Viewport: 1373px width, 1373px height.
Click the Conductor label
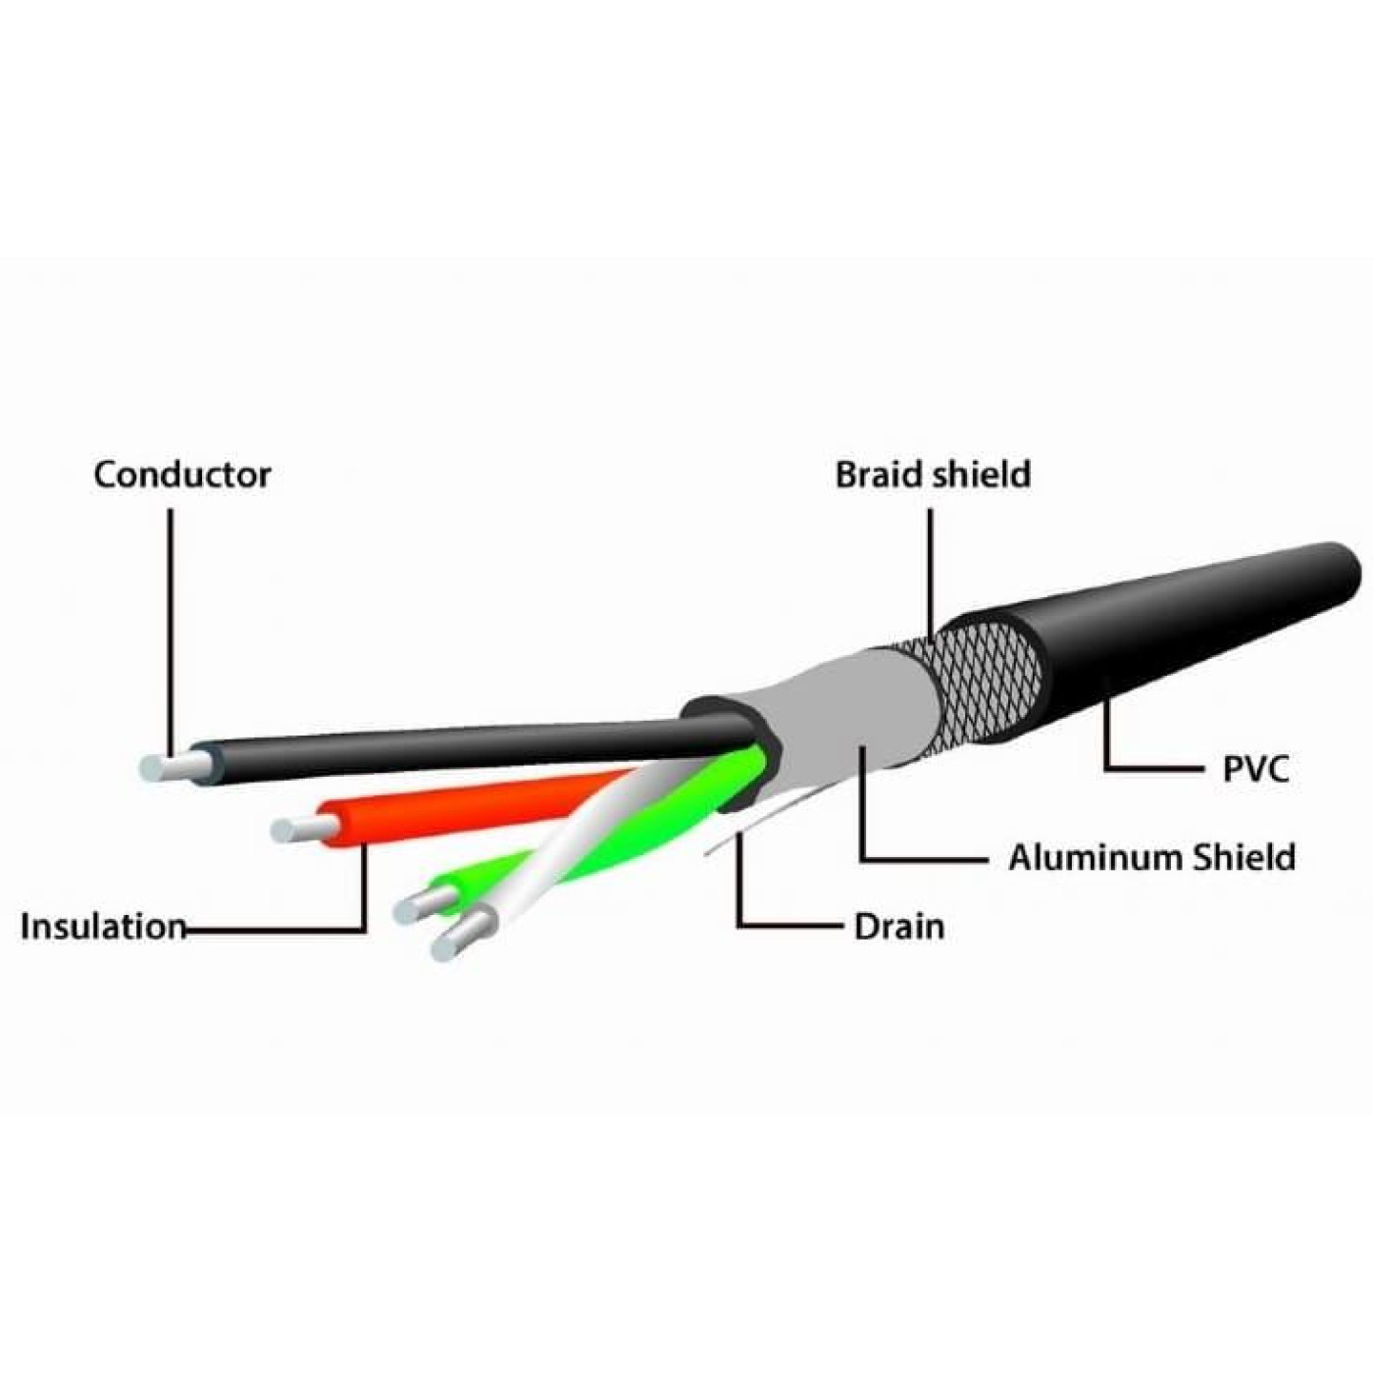pyautogui.click(x=181, y=475)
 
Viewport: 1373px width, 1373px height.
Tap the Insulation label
pyautogui.click(x=102, y=927)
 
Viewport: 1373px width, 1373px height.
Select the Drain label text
pyautogui.click(x=898, y=927)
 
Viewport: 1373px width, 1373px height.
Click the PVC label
pyautogui.click(x=1254, y=768)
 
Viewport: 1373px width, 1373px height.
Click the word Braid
pyautogui.click(x=878, y=475)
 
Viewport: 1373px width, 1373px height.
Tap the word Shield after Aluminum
pyautogui.click(x=1244, y=857)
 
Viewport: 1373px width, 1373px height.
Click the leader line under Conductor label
pyautogui.click(x=171, y=628)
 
